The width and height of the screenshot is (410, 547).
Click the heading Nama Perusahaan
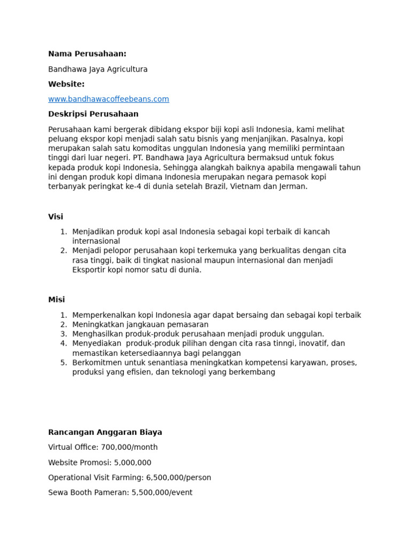87,54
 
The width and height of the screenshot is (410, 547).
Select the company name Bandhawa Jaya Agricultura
98,69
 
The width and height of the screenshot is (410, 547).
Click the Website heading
66,84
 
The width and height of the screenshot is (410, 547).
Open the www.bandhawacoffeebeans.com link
108,99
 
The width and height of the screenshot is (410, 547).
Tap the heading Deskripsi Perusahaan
93,114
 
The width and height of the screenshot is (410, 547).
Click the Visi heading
56,217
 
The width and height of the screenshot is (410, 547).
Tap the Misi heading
56,300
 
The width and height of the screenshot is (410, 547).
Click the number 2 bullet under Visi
64,251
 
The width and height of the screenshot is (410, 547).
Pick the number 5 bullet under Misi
64,363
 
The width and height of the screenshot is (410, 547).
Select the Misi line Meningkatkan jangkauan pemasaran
140,325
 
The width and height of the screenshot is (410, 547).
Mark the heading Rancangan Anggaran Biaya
105,433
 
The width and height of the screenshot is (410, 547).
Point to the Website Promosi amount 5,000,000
132,463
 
